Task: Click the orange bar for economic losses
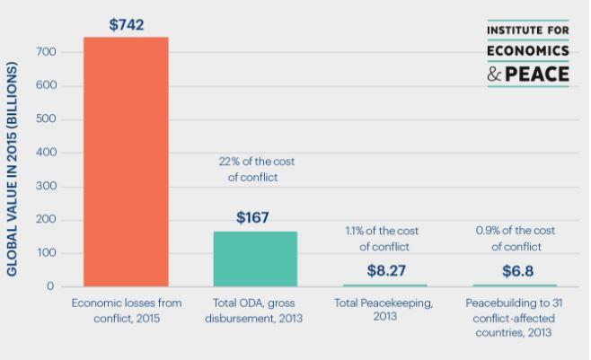[x=126, y=162]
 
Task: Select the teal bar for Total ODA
[x=255, y=259]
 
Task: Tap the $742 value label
[x=126, y=24]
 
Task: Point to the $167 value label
[x=254, y=217]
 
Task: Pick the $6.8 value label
[x=515, y=269]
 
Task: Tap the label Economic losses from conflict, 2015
[x=126, y=310]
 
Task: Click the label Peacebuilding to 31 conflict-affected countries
[x=515, y=318]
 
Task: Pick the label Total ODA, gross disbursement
[x=256, y=310]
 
